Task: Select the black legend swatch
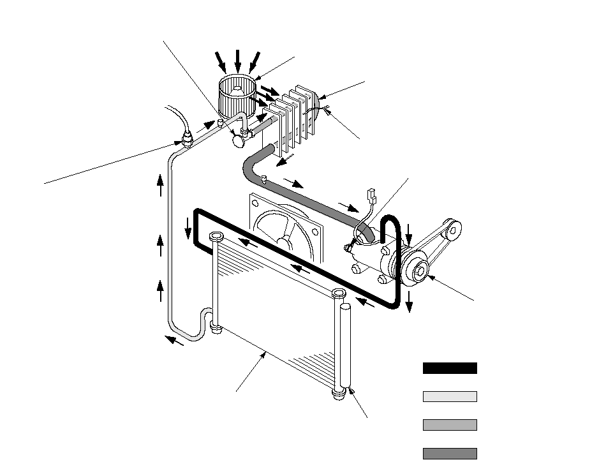pyautogui.click(x=449, y=368)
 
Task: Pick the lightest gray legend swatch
pyautogui.click(x=449, y=396)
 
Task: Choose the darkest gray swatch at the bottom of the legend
pyautogui.click(x=449, y=453)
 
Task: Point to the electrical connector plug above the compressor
pyautogui.click(x=370, y=194)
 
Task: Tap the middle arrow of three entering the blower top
pyautogui.click(x=238, y=61)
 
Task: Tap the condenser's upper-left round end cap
pyautogui.click(x=214, y=237)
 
